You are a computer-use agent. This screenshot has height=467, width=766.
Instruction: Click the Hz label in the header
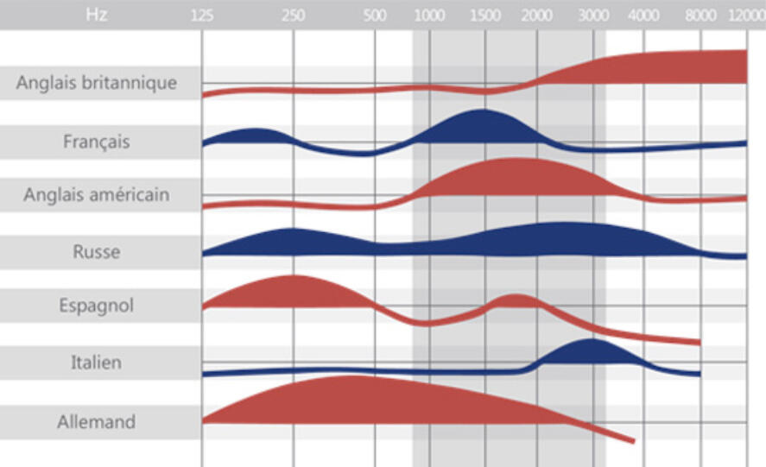point(97,15)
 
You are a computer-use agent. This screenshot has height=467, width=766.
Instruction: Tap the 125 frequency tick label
point(201,15)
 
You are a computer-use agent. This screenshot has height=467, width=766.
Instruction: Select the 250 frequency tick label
point(293,15)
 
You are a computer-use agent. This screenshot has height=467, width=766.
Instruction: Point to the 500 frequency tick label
point(375,15)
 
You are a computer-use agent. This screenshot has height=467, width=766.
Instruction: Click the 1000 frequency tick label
point(429,15)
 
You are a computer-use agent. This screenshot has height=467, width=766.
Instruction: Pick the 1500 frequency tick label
point(485,15)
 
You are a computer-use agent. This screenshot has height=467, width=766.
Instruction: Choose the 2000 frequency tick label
point(537,15)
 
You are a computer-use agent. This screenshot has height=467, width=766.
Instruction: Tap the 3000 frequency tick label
point(592,15)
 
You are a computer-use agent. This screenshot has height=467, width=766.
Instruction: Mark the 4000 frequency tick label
point(643,15)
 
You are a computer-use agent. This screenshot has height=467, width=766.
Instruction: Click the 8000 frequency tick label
point(700,15)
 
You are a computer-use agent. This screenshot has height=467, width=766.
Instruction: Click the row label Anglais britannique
point(97,84)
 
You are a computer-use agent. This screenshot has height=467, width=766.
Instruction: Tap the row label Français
point(97,141)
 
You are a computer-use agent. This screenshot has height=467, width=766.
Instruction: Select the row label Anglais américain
point(97,195)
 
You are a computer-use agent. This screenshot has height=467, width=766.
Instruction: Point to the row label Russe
point(97,253)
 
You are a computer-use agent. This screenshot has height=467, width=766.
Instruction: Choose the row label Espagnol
point(97,306)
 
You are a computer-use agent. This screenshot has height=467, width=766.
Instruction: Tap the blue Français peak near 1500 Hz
point(482,127)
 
